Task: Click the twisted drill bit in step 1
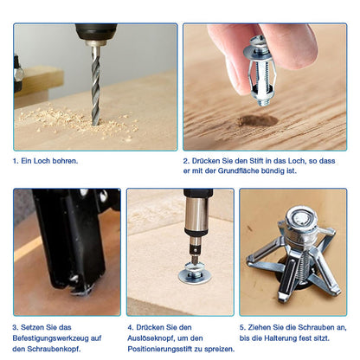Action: tap(96, 85)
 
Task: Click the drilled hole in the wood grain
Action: tap(258, 120)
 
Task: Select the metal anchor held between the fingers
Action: tap(260, 71)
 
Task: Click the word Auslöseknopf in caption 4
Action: tap(151, 338)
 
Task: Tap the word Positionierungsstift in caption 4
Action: tap(159, 349)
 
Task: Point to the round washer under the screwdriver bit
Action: tap(195, 276)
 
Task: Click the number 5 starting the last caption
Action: tap(241, 327)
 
